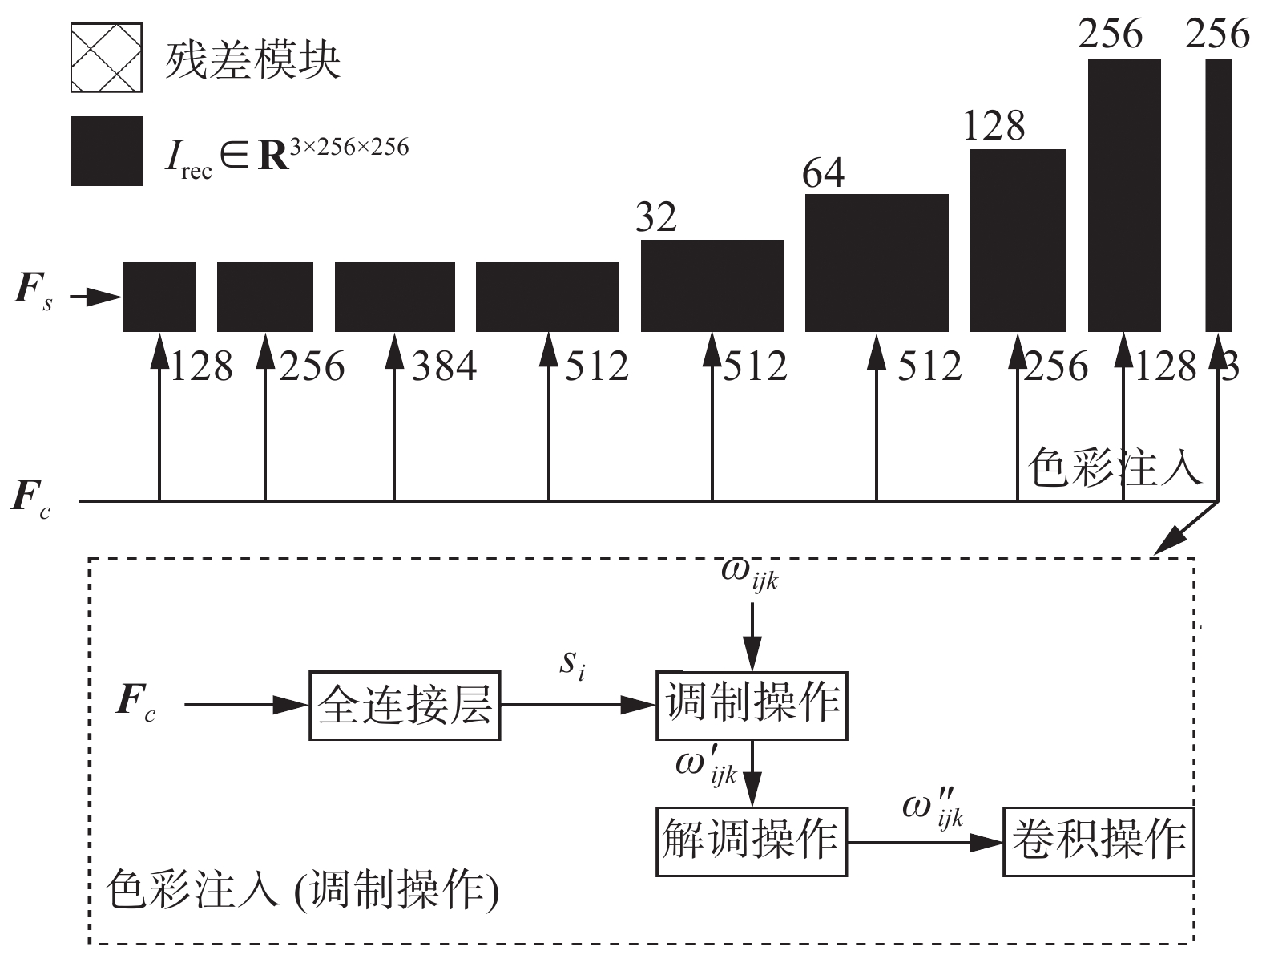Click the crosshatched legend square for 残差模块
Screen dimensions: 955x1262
point(107,58)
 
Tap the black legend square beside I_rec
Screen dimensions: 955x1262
point(107,151)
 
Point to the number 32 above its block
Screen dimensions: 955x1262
point(656,216)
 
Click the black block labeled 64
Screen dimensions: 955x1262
point(877,262)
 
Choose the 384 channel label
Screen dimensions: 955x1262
point(444,367)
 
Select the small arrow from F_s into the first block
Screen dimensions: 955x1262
point(95,298)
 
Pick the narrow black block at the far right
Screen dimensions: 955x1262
point(1218,195)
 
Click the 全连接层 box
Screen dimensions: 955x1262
point(405,706)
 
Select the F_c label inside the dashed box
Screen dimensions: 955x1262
point(135,703)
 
